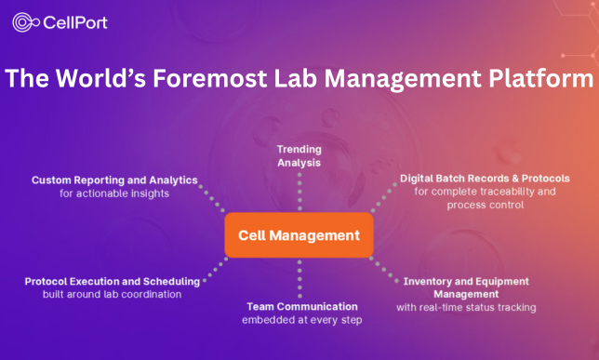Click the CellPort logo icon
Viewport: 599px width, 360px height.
coord(25,21)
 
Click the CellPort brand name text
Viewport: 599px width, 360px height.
coord(75,21)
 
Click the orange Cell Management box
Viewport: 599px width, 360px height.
coord(299,235)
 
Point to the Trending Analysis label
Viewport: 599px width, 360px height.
coord(299,155)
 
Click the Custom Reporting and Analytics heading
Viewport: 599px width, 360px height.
coord(114,180)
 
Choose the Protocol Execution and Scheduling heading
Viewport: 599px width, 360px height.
coord(113,281)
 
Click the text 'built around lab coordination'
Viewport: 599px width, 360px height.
coord(112,294)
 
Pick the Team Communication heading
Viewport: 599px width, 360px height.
coord(301,306)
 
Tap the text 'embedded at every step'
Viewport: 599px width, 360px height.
coord(301,319)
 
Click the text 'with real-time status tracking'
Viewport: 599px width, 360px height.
coord(466,307)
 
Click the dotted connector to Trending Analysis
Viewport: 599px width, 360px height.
coord(299,192)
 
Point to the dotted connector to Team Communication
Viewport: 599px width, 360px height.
coord(299,277)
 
